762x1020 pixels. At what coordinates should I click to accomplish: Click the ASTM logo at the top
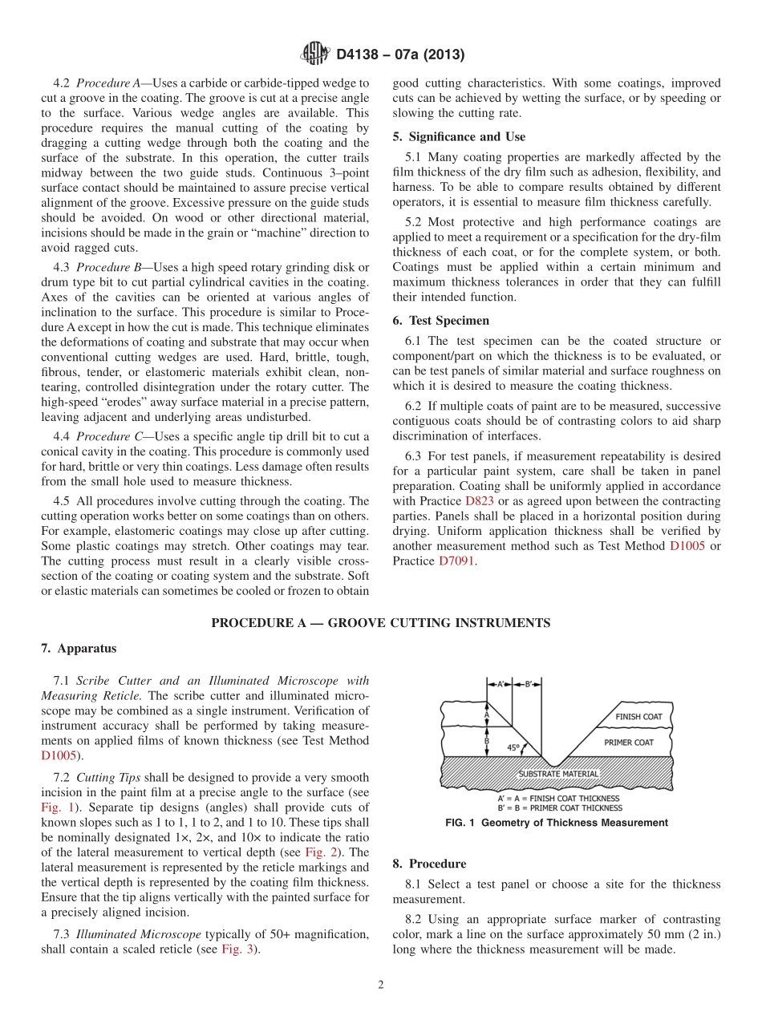pos(314,54)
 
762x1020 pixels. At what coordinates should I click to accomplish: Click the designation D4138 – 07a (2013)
pos(400,55)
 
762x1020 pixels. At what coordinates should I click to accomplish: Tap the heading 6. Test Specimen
pos(440,320)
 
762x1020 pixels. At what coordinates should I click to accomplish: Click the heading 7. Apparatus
pos(79,648)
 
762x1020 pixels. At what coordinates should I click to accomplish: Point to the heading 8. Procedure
pos(429,864)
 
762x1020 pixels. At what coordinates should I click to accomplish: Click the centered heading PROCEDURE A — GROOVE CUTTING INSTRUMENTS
pos(380,623)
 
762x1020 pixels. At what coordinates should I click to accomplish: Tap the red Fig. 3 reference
pos(239,949)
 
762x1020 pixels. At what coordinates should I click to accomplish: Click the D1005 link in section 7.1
pos(60,755)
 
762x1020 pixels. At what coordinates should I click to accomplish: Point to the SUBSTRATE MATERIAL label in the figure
pos(558,774)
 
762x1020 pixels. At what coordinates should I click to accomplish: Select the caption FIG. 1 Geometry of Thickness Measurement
pos(556,823)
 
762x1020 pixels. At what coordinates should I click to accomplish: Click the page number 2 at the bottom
pos(380,986)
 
